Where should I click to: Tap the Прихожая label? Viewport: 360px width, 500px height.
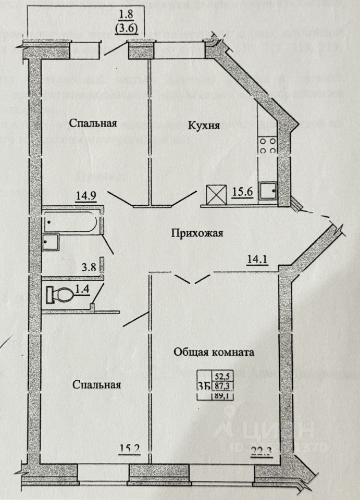[197, 233]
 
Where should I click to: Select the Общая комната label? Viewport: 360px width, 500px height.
[214, 352]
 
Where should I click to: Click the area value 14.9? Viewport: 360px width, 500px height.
[85, 196]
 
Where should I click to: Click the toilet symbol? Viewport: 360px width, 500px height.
[59, 295]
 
